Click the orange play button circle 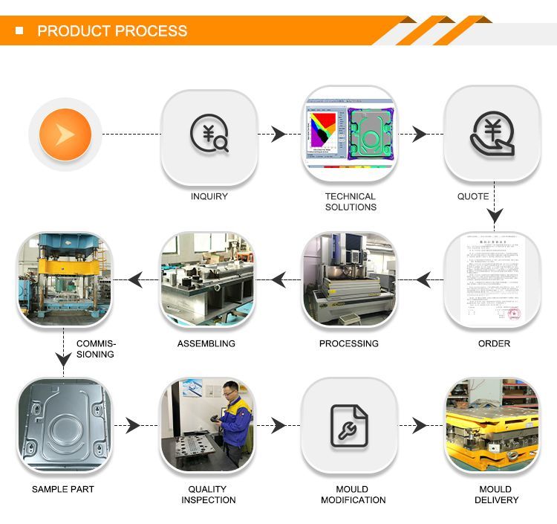[65, 135]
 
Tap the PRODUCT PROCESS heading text [112, 31]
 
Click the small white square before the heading [20, 31]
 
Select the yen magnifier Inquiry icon [209, 135]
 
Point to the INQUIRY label [209, 197]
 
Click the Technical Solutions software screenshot [350, 135]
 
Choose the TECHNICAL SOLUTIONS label [351, 202]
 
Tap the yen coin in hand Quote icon [491, 135]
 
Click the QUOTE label [472, 197]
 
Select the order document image [491, 279]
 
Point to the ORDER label [494, 343]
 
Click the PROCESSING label [348, 343]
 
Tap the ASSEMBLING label [206, 343]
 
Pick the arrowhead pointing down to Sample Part [65, 359]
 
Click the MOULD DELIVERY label [495, 494]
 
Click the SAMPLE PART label [63, 489]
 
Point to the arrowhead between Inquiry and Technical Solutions [278, 135]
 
